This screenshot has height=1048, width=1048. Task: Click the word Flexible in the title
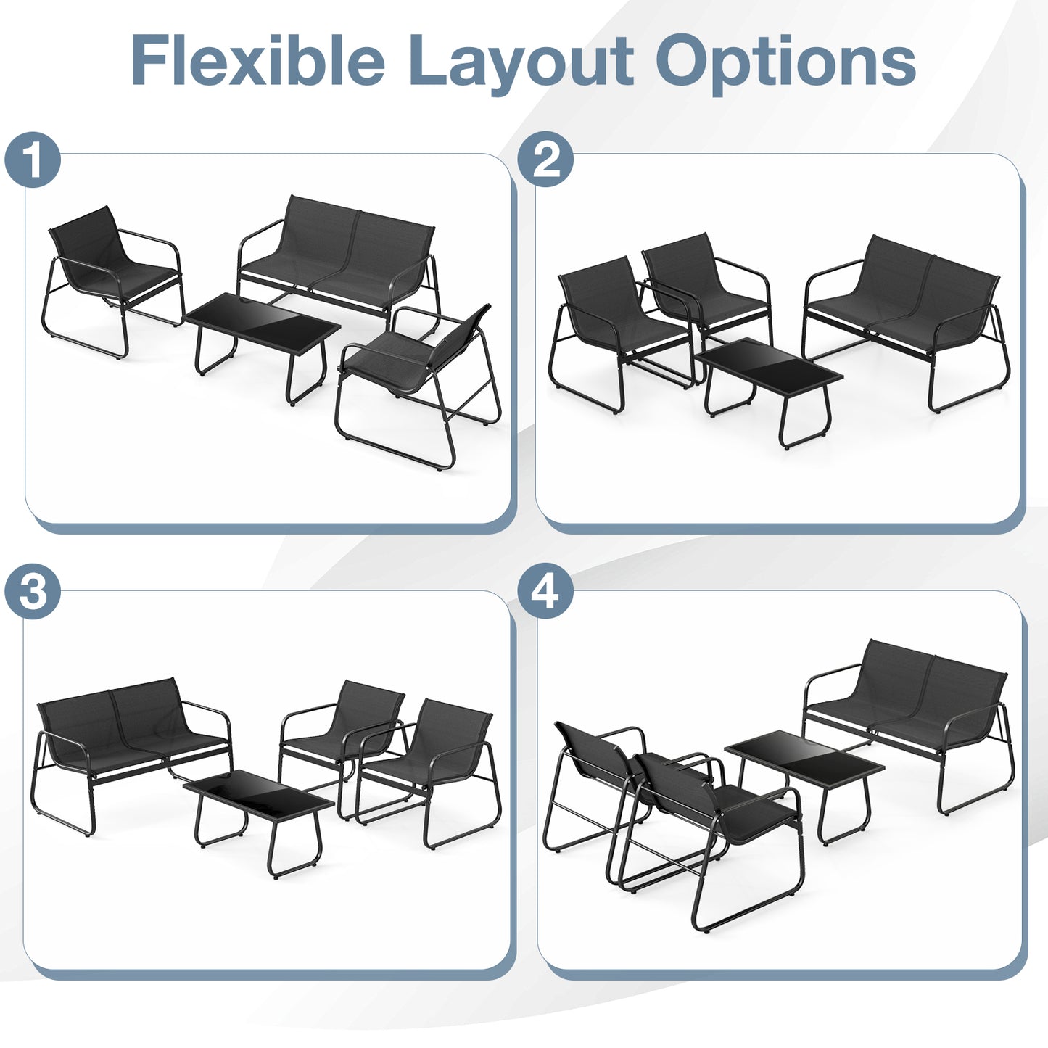(x=257, y=61)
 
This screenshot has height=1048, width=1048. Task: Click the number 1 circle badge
(x=33, y=160)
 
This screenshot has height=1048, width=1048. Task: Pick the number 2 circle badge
(x=545, y=160)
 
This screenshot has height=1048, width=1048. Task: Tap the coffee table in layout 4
(x=805, y=762)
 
